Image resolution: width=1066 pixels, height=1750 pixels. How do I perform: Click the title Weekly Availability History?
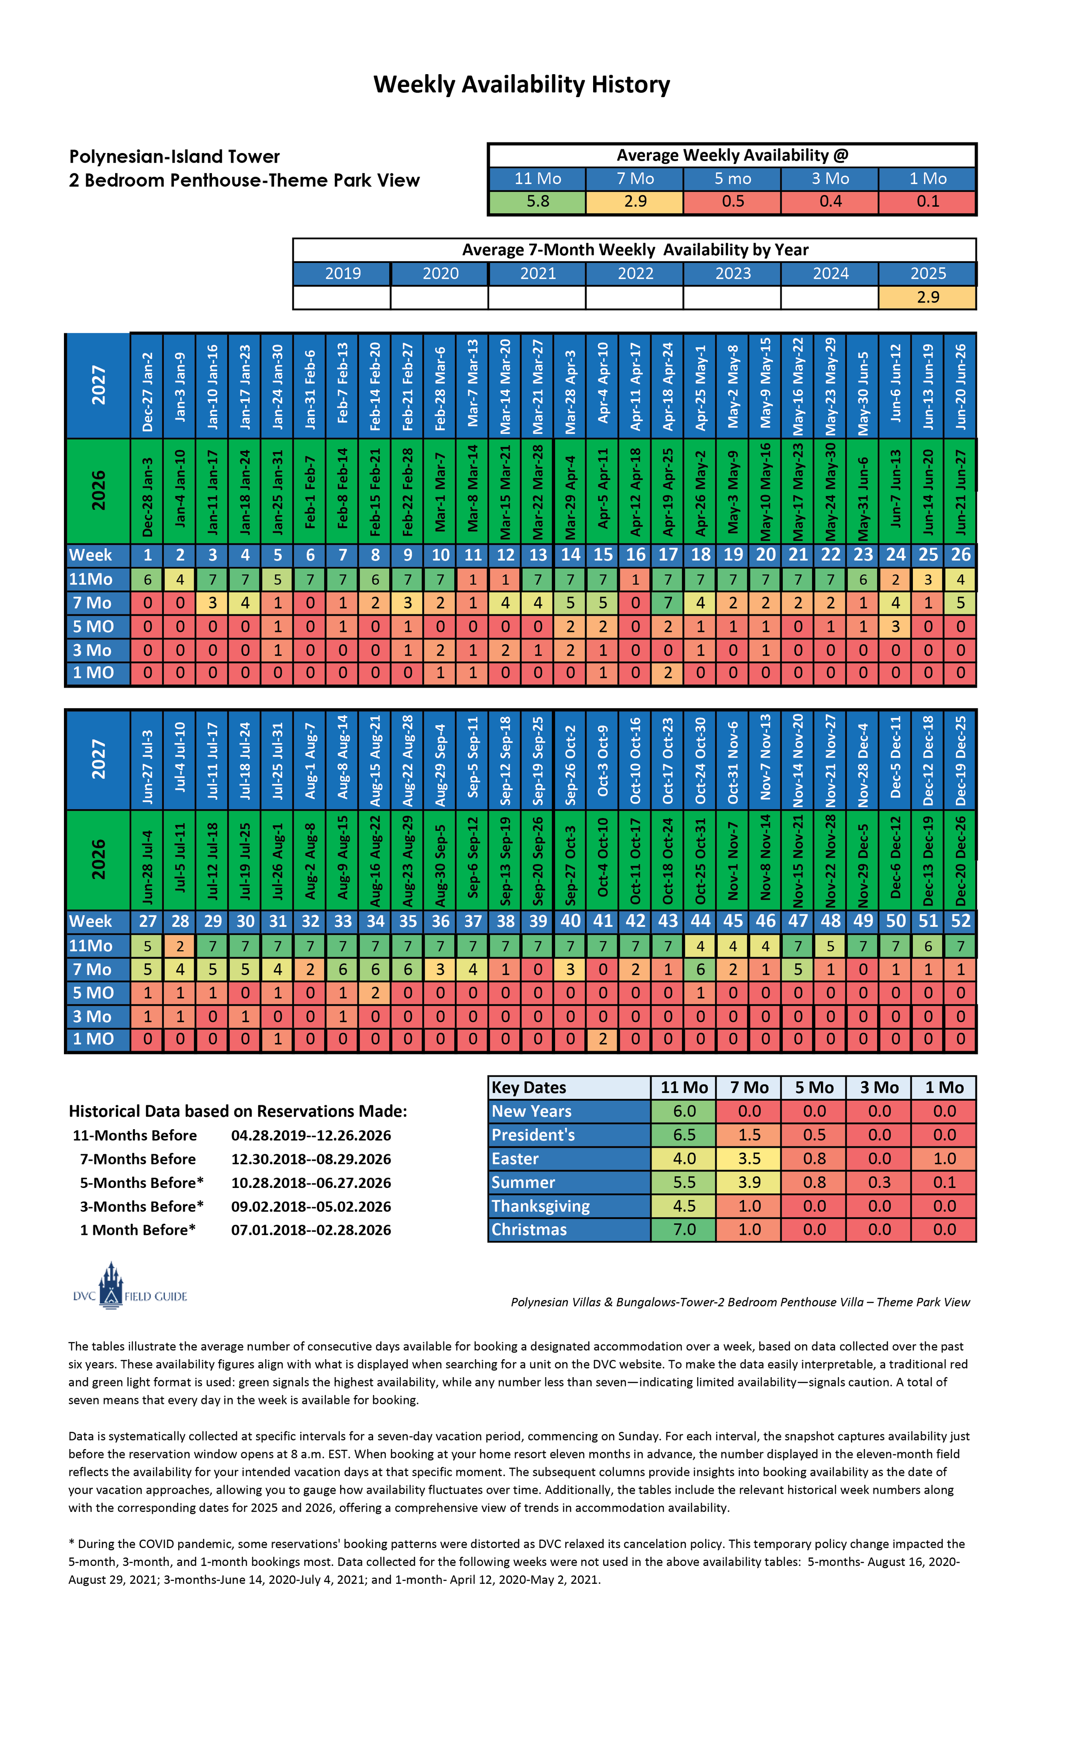click(521, 84)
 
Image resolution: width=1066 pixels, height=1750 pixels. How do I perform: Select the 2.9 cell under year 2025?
click(927, 297)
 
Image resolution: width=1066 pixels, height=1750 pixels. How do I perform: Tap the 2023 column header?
click(732, 274)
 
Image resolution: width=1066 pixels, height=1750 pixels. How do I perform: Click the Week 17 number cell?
click(667, 555)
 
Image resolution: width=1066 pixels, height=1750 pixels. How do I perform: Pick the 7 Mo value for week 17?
click(667, 603)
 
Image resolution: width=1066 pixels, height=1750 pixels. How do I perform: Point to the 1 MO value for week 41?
click(603, 1039)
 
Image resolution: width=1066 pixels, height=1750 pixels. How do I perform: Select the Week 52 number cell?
click(960, 921)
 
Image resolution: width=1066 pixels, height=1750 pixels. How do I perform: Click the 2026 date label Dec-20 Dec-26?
click(960, 860)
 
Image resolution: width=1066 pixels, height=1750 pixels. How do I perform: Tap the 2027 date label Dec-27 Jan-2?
click(147, 392)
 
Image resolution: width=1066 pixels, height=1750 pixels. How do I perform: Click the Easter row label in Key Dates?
click(515, 1159)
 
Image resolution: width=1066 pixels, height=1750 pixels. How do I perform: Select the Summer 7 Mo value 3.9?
click(749, 1182)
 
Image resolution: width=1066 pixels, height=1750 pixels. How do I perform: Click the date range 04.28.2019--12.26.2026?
click(310, 1135)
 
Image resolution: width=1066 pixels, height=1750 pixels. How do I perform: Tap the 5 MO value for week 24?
click(895, 626)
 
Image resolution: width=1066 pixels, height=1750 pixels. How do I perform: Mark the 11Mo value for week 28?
click(180, 946)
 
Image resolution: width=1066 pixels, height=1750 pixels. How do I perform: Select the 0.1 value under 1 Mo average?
click(927, 202)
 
